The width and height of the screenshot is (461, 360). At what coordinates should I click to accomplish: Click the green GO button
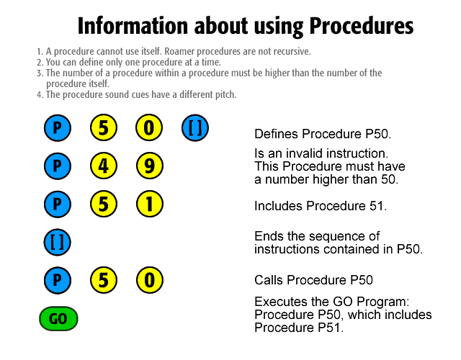tap(58, 318)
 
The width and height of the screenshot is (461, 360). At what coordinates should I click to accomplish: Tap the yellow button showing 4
tap(104, 166)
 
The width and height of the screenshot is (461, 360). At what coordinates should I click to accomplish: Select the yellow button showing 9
tap(150, 166)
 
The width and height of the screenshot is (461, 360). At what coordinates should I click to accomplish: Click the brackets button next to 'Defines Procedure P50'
tap(195, 128)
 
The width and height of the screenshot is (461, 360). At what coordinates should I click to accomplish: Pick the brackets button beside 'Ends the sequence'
tap(58, 242)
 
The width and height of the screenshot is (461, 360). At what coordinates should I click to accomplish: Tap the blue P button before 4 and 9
tap(58, 166)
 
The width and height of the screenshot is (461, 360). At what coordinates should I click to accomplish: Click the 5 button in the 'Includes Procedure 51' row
tap(104, 204)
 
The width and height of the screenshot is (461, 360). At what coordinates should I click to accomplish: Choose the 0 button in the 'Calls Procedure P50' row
tap(150, 280)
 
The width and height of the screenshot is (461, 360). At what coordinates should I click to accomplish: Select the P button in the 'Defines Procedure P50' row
tap(58, 128)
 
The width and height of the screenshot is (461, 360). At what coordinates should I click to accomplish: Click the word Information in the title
tap(133, 26)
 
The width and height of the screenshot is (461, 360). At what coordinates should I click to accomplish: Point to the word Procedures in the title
tap(362, 26)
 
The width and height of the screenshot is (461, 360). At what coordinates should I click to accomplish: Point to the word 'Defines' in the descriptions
tap(277, 134)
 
